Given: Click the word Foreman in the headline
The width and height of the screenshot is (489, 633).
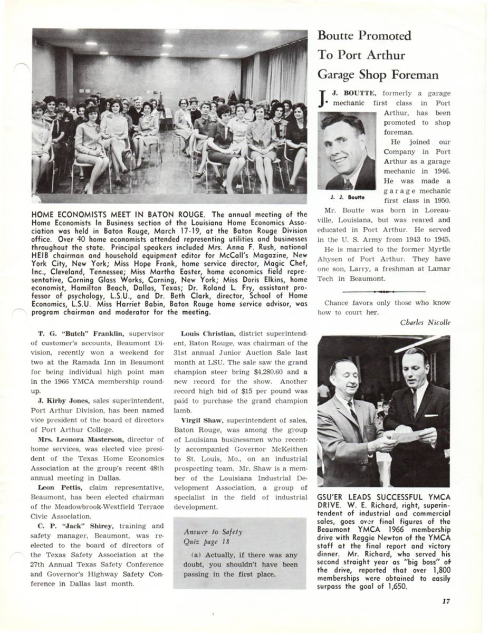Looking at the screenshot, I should click(x=414, y=74).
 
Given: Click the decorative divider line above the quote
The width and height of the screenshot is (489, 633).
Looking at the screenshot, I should click(x=383, y=291).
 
